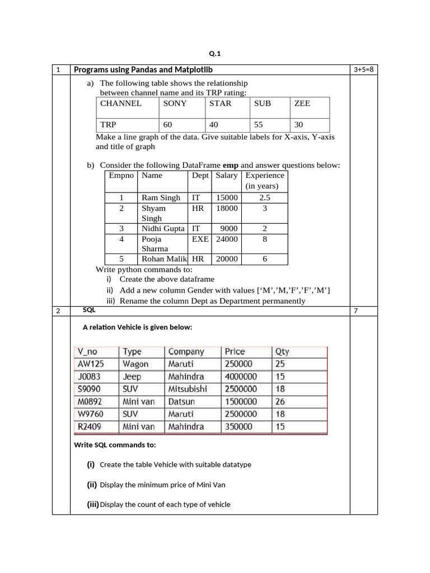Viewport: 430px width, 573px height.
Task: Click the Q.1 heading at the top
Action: (x=215, y=54)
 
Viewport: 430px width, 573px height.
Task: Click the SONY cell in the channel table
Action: (x=175, y=104)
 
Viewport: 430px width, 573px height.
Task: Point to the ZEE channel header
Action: (x=302, y=104)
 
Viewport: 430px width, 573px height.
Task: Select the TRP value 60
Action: (x=168, y=125)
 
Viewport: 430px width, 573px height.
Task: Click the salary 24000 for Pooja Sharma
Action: (x=227, y=239)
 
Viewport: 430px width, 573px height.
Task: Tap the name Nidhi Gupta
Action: (x=163, y=228)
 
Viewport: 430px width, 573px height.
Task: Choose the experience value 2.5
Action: (x=265, y=198)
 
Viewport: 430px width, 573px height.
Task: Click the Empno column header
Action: (x=121, y=175)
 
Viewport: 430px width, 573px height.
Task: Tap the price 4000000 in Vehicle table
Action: (x=241, y=377)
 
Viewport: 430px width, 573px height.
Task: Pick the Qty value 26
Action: (x=280, y=401)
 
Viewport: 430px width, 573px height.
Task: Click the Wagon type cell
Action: (x=135, y=364)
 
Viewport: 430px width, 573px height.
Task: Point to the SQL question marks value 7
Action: (x=356, y=311)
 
